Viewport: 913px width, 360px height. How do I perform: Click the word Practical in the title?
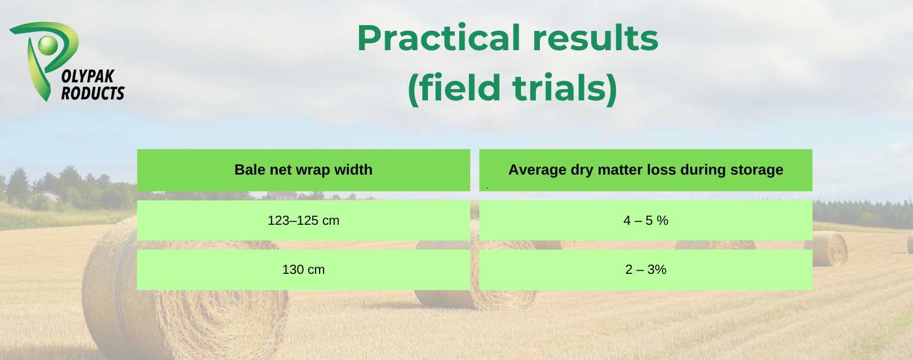click(x=439, y=38)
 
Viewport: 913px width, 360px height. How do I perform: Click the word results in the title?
click(x=596, y=38)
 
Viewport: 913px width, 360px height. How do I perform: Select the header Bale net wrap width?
click(x=303, y=169)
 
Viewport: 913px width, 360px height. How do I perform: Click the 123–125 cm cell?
click(x=303, y=220)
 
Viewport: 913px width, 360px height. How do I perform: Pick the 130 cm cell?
click(x=303, y=269)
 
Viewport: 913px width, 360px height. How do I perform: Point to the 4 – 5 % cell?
click(x=645, y=220)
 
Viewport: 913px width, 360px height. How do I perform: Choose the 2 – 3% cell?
click(x=645, y=269)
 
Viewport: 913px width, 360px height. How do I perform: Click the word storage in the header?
click(x=757, y=170)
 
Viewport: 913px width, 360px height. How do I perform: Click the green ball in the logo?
click(x=48, y=45)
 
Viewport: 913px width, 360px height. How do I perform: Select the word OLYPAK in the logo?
click(x=88, y=76)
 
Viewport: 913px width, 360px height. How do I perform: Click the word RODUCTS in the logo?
click(x=93, y=94)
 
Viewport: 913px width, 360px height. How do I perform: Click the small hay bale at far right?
click(x=827, y=248)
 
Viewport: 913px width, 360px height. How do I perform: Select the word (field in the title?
click(x=454, y=88)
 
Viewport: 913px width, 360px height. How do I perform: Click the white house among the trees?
click(x=52, y=196)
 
